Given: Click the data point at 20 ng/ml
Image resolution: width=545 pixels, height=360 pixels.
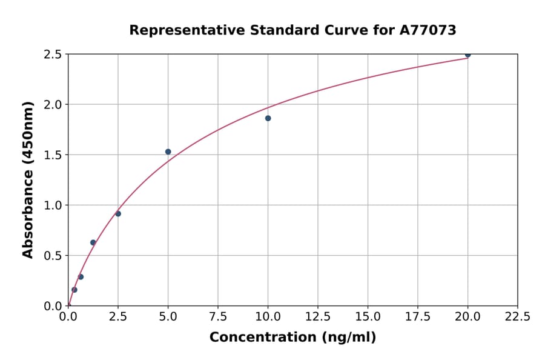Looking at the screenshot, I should tap(467, 55).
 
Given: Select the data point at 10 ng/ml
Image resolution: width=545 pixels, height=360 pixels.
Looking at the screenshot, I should tap(268, 118).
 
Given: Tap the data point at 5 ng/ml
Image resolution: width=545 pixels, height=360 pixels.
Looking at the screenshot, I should tap(168, 152).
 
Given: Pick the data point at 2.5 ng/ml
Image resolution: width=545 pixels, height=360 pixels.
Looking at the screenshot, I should tap(118, 213).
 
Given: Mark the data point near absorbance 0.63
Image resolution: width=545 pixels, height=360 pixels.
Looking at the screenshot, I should tap(93, 242).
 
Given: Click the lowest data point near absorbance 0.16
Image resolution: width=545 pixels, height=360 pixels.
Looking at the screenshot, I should tap(74, 290).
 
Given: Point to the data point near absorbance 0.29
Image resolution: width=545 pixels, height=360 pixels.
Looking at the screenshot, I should tap(81, 277).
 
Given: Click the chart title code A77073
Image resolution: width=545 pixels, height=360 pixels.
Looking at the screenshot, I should tap(428, 30).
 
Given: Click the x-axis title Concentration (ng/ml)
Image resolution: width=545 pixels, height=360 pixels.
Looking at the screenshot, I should tap(292, 338).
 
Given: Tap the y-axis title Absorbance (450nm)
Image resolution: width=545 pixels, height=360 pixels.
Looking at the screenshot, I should tap(28, 179).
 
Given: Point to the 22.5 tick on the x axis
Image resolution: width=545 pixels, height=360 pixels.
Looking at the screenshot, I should tap(517, 317).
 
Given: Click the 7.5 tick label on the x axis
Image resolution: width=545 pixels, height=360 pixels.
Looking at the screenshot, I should tap(218, 317).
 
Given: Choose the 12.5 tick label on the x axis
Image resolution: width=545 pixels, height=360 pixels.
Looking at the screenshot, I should tap(318, 317).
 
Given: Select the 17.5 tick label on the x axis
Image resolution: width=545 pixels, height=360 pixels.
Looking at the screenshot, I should tap(418, 317).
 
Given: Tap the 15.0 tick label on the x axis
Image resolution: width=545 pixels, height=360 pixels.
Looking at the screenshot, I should tap(368, 317).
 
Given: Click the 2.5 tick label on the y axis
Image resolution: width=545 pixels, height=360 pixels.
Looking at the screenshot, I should tap(53, 55).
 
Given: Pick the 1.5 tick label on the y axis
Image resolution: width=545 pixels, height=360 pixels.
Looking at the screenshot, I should tap(53, 155).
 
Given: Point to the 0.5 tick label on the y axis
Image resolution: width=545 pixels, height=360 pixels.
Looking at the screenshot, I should tap(53, 256).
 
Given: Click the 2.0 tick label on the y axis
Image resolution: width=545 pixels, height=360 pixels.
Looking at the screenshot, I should tap(53, 105).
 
